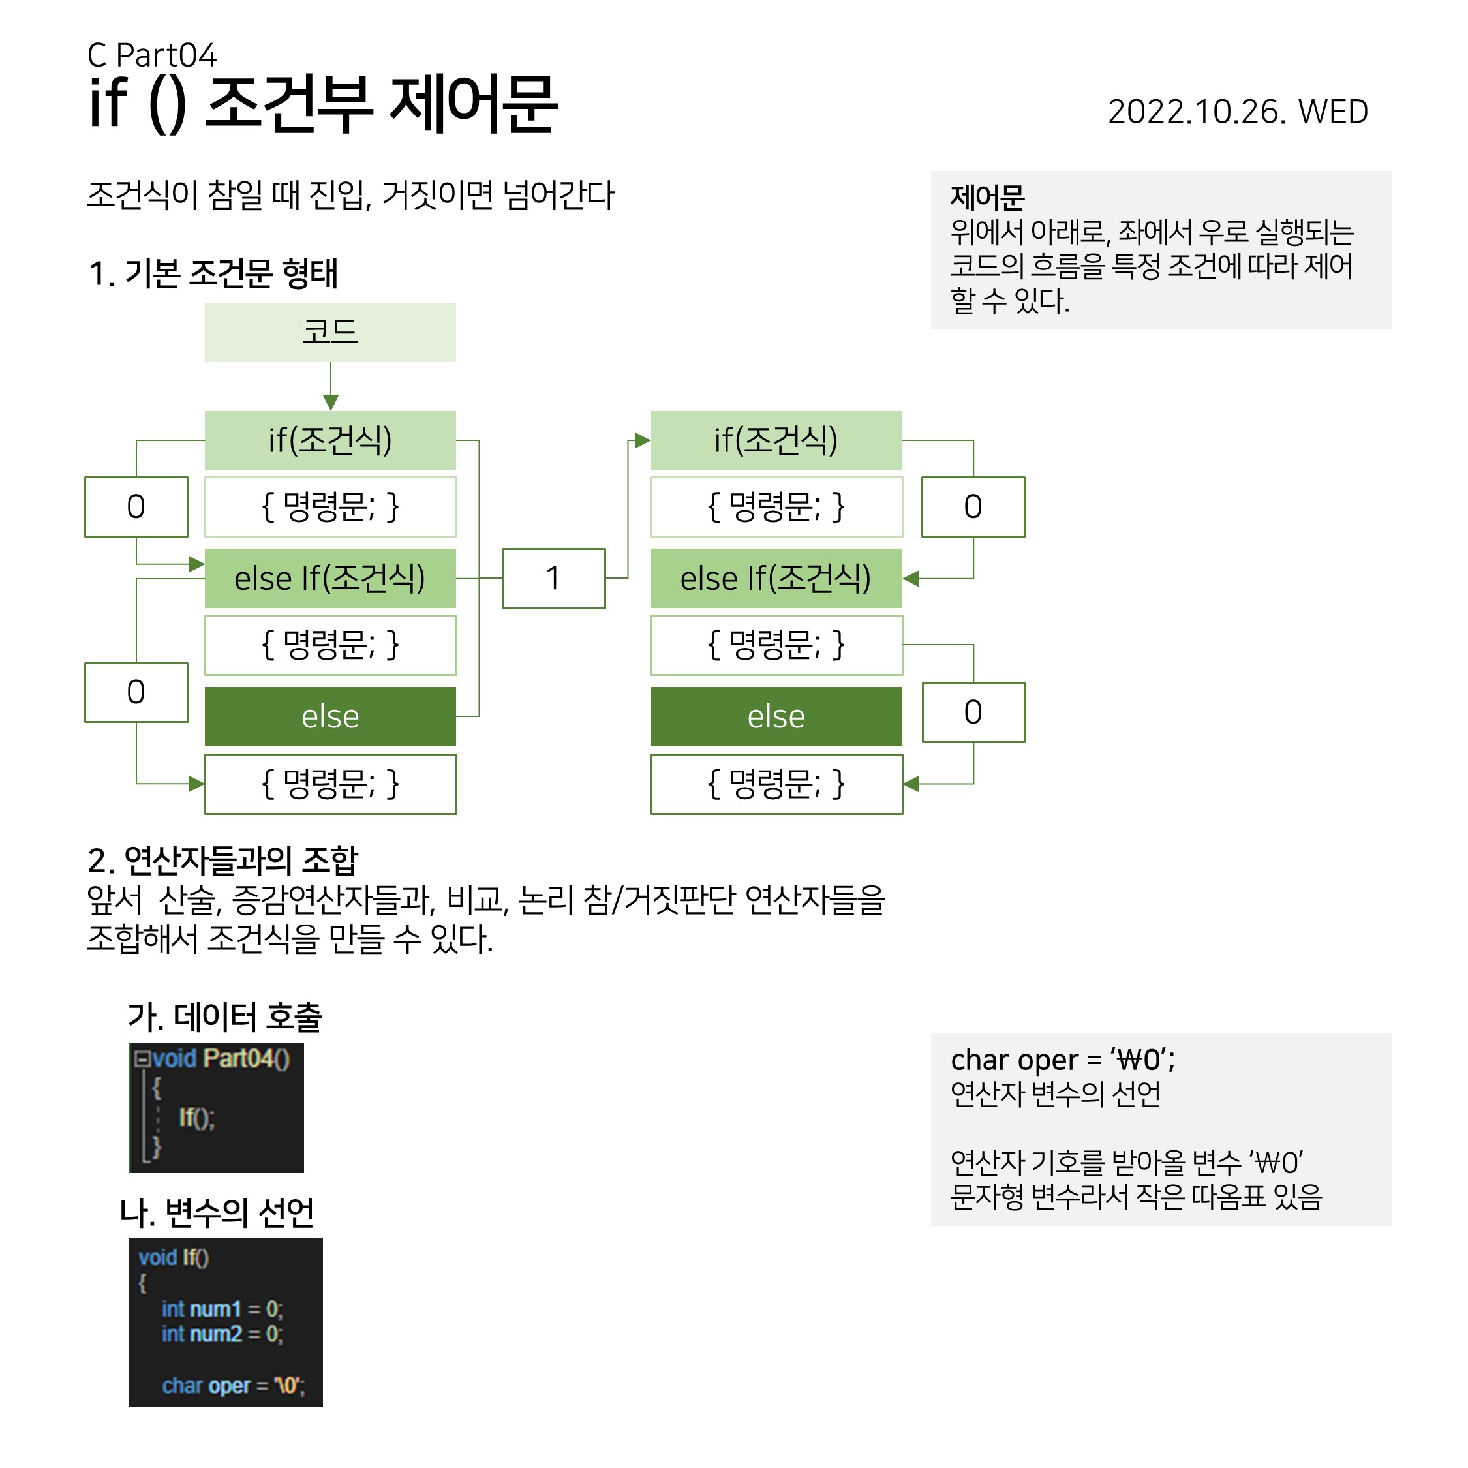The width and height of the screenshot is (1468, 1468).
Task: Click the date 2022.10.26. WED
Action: [x=1237, y=112]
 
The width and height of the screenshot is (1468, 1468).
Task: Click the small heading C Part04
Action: [x=152, y=55]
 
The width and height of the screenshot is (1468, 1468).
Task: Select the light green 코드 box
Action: [x=329, y=332]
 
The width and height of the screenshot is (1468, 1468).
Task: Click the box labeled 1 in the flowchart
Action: [x=553, y=578]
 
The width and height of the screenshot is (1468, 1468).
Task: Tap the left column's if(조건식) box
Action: [x=329, y=440]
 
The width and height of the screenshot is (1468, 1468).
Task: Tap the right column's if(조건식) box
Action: [x=776, y=440]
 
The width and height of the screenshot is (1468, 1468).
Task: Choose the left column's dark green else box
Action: [x=329, y=716]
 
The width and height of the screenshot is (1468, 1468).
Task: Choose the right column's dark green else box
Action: [x=776, y=716]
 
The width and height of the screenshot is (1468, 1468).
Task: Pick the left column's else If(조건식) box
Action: [x=329, y=578]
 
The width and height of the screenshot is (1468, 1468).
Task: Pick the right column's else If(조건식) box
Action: [x=776, y=578]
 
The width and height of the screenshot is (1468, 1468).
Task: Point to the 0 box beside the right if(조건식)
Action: [x=973, y=507]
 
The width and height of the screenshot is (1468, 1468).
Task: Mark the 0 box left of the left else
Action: [x=136, y=692]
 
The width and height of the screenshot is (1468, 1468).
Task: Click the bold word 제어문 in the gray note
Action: [x=987, y=198]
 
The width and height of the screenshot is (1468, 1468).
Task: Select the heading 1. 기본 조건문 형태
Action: [x=213, y=273]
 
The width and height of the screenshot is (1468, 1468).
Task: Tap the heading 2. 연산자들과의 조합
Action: [x=222, y=860]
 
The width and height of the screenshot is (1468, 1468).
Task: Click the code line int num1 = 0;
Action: [x=221, y=1308]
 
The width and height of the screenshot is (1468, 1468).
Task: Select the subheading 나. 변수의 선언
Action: [x=217, y=1213]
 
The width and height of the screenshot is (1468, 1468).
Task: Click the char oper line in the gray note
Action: [x=1062, y=1059]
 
